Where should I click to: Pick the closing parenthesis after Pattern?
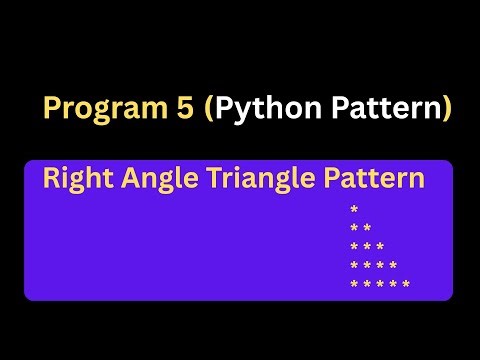[x=446, y=108]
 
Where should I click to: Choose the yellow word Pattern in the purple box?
[x=375, y=180]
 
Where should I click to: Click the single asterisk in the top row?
[x=354, y=211]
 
